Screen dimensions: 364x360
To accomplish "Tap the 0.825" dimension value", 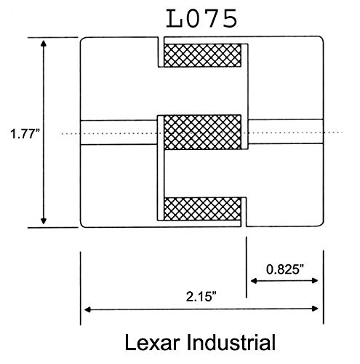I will tap(283, 268).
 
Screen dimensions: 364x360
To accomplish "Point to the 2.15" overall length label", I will tap(200, 297).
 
